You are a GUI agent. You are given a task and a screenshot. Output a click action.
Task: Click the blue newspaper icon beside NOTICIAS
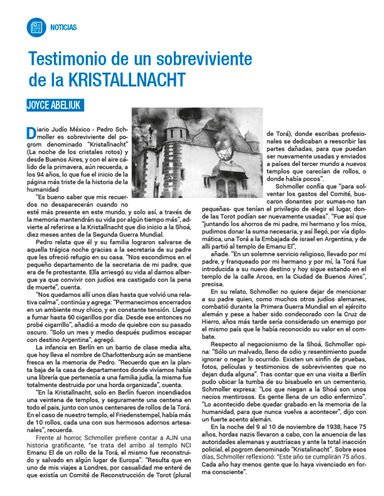point(36,27)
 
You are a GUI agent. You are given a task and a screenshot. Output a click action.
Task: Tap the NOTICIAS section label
point(64,27)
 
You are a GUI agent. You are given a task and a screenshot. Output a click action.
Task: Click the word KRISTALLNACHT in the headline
point(127,80)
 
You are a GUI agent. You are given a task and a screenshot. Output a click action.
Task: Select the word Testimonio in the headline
point(68,57)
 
